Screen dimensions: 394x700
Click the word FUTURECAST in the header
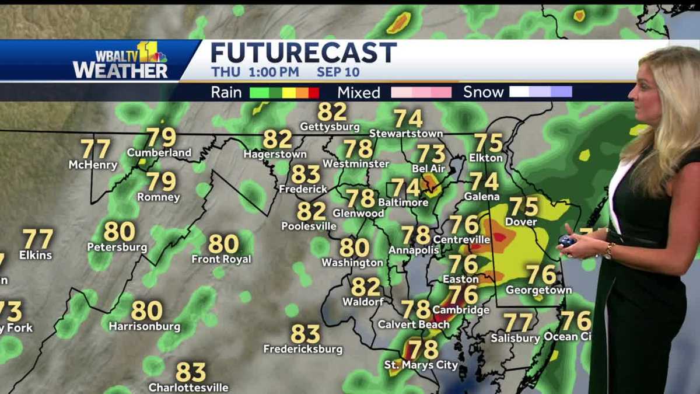[x=303, y=53]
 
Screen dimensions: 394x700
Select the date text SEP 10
[x=338, y=73]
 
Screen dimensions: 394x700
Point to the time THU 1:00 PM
[x=255, y=73]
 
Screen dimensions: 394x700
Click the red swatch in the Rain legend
[x=314, y=92]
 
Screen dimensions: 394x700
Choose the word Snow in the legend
[x=483, y=92]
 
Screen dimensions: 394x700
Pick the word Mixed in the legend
[x=358, y=92]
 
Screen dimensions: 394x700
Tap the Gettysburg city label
[x=330, y=127]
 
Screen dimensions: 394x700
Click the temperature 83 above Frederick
[x=306, y=174]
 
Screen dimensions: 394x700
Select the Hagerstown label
[x=275, y=155]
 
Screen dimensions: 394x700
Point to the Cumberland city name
[x=159, y=153]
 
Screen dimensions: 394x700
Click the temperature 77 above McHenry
[x=95, y=149]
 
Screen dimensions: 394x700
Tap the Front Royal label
[x=222, y=259]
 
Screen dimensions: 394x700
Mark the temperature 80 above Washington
[x=354, y=247]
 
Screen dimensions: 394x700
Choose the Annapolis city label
[x=414, y=250]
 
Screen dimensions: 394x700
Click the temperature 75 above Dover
[x=523, y=207]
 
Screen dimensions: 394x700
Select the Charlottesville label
[x=188, y=387]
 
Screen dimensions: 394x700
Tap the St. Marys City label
[x=421, y=365]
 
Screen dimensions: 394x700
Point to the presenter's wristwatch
[x=609, y=250]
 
